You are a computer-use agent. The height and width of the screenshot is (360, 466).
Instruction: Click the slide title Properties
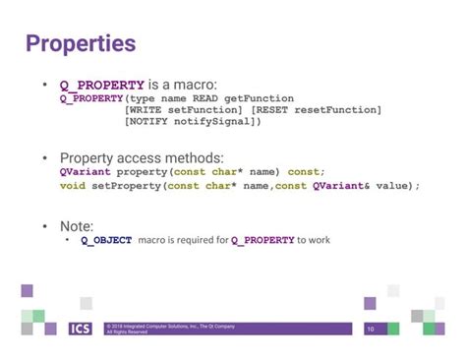coord(81,45)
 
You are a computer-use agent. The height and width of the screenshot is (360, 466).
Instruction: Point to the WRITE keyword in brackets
coord(146,110)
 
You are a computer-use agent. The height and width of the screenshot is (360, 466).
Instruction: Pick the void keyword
coord(73,185)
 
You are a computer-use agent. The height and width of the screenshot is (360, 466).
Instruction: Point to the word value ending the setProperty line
coord(392,185)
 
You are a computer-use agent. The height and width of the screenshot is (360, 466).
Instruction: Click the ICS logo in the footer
coord(81,329)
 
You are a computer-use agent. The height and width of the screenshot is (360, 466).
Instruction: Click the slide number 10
coord(371,329)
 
